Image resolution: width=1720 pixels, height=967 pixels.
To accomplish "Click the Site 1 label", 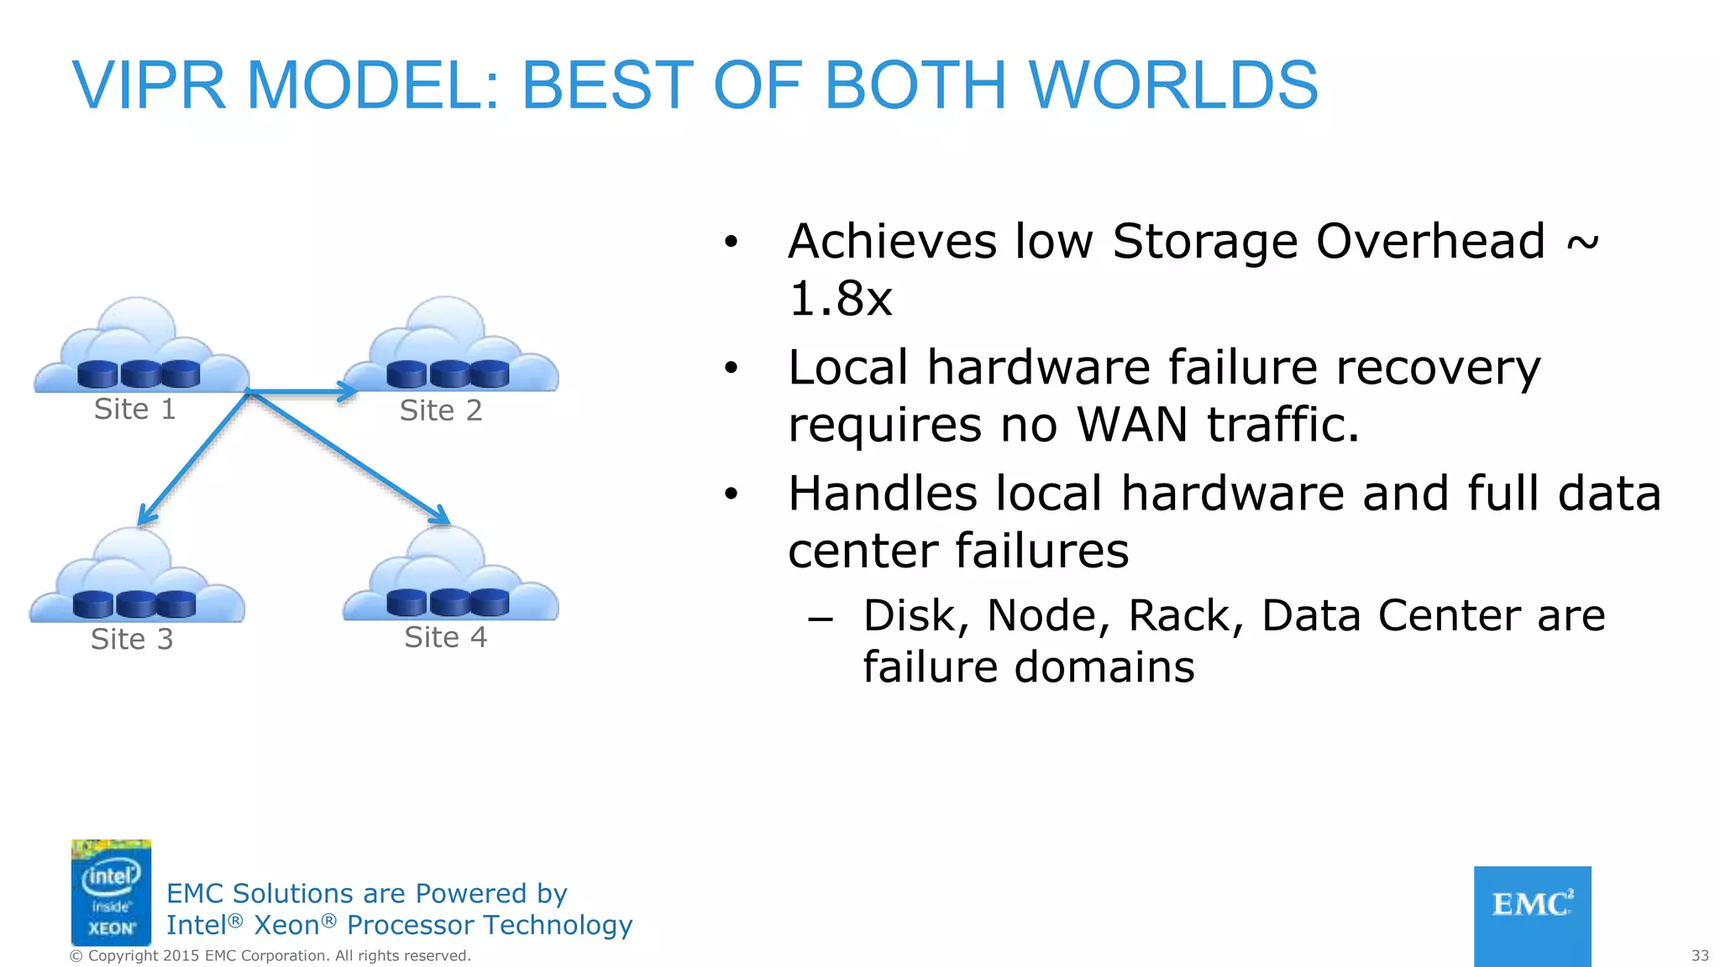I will click(x=134, y=410).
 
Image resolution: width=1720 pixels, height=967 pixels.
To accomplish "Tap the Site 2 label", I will click(x=441, y=410).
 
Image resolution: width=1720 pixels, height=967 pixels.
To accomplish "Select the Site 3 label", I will click(x=132, y=640).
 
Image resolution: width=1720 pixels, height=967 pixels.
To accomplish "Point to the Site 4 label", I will click(x=445, y=637).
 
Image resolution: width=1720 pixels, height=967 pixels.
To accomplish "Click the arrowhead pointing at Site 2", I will click(x=348, y=391).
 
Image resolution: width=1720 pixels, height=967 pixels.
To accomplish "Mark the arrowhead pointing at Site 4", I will click(x=440, y=514).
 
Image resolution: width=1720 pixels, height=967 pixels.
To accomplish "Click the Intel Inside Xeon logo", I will click(x=111, y=892).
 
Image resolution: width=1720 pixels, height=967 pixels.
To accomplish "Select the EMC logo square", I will click(x=1532, y=916).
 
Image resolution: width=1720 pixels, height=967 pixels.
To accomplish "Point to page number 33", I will click(x=1700, y=956).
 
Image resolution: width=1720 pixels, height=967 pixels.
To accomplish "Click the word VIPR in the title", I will click(x=149, y=86).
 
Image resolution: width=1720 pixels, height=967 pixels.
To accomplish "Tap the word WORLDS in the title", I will click(x=1173, y=86).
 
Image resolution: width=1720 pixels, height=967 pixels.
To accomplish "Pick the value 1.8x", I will click(x=840, y=299).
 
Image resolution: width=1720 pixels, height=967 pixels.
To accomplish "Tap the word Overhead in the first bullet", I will click(x=1430, y=242).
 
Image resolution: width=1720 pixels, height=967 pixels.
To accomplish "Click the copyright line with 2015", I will click(x=270, y=956).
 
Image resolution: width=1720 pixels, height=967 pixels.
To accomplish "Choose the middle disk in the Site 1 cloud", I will click(x=139, y=373).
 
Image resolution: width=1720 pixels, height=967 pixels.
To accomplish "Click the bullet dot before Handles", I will click(x=732, y=494).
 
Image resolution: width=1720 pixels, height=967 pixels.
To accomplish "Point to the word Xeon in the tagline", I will click(x=286, y=925).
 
